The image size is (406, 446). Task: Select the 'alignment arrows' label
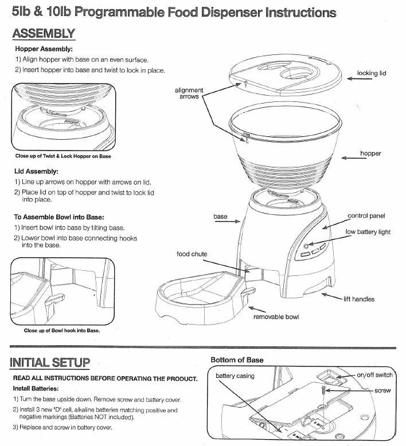coord(189,93)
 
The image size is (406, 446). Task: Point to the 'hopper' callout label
coord(370,153)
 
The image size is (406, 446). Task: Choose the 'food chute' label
coord(192,254)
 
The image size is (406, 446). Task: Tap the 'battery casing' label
coord(235,376)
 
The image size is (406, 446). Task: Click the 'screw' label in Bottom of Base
coord(382,389)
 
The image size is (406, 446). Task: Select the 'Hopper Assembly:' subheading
coord(44,49)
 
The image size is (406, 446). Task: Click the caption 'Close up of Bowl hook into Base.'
coord(62,330)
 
